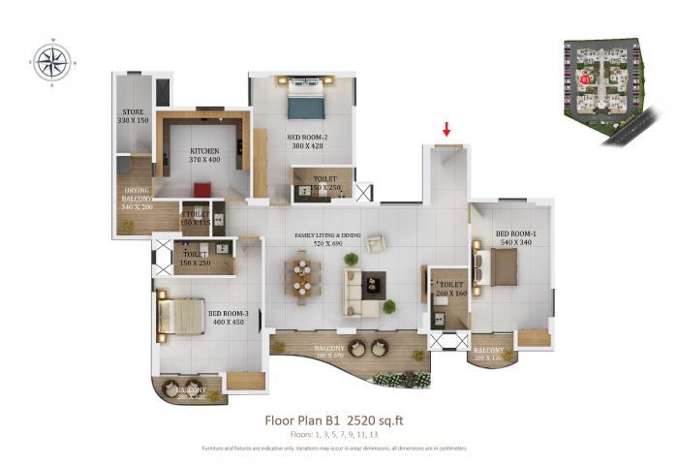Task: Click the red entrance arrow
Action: pos(447,129)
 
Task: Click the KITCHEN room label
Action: pos(203,151)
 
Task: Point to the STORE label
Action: pos(131,112)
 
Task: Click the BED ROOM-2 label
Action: pos(309,138)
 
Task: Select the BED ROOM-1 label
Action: pos(514,233)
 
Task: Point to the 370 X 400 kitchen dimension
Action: pos(203,161)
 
